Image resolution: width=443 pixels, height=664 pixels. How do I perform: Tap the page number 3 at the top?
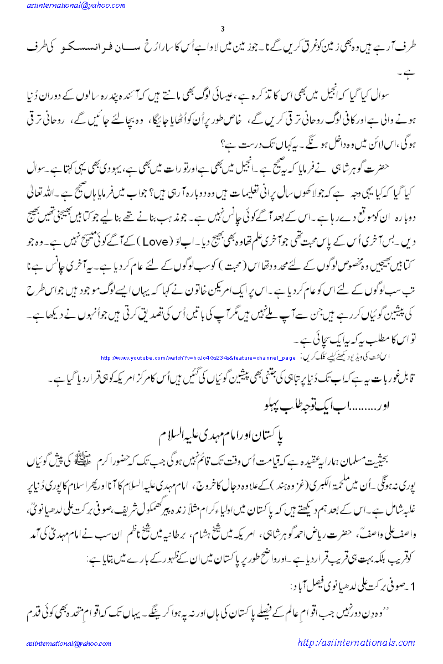tap(221, 29)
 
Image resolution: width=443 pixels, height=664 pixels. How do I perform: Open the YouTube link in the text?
tap(198, 358)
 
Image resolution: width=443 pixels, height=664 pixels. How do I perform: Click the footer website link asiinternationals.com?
tap(356, 642)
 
